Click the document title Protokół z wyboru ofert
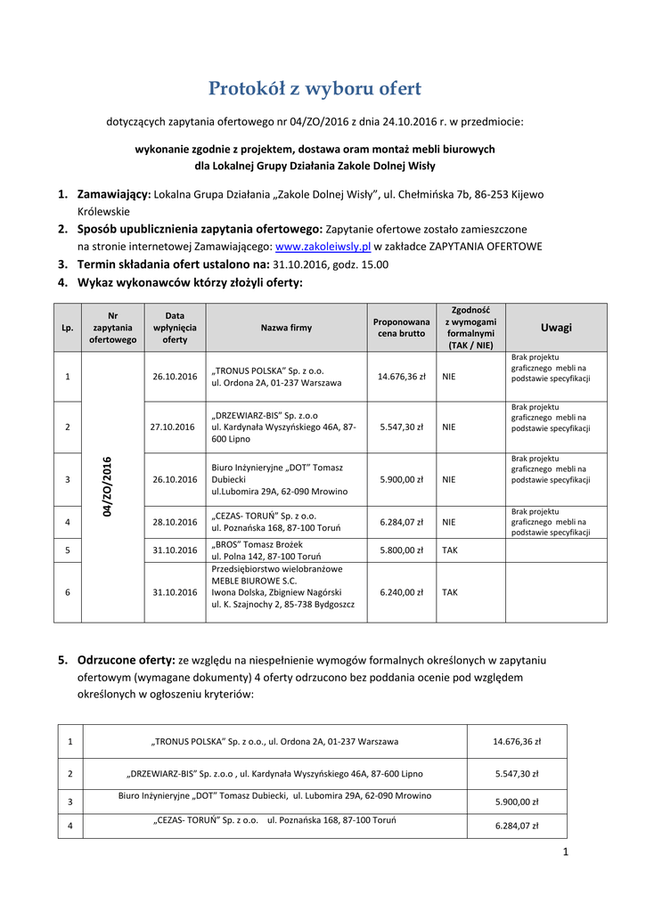coord(315,89)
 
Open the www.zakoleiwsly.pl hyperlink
coord(323,246)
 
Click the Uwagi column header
coord(557,328)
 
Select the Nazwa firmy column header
coord(286,328)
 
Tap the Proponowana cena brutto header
coord(400,328)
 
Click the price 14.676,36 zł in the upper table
coord(401,377)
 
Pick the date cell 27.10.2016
coord(175,427)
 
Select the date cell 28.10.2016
coord(175,523)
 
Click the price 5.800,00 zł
coord(401,550)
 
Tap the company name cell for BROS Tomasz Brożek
coord(286,550)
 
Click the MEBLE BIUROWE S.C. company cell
coord(286,591)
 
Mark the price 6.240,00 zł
coord(401,591)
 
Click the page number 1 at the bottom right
coord(565,852)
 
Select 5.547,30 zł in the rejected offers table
coord(517,774)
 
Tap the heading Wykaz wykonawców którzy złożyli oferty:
coord(190,283)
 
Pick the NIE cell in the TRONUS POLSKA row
coord(449,377)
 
